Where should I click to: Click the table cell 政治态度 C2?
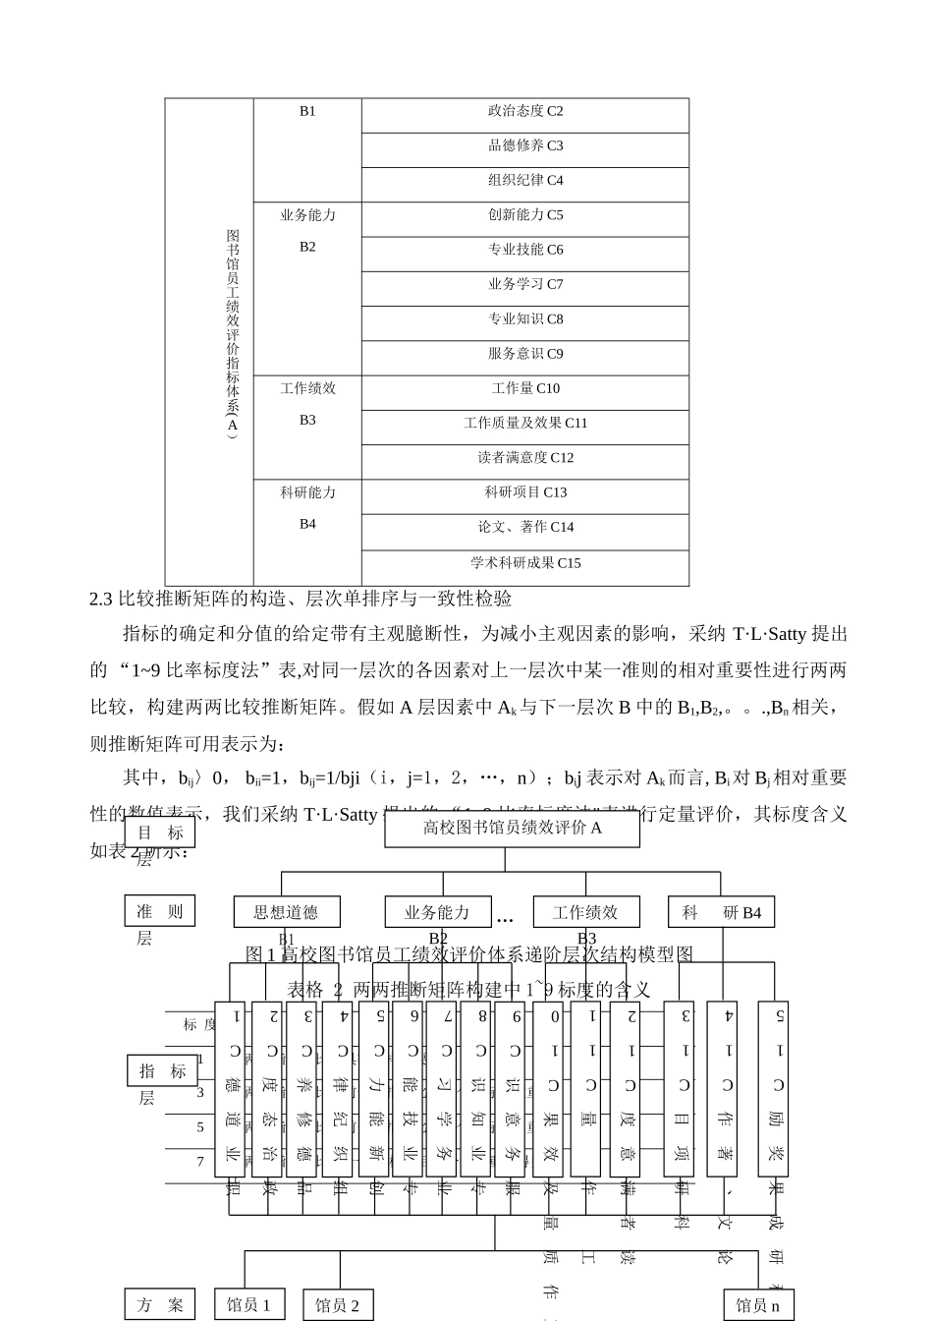coord(525,112)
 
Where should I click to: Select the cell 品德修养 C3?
coord(525,146)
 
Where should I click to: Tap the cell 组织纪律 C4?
coord(525,181)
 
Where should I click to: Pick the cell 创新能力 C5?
coord(525,215)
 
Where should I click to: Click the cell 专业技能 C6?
coord(525,250)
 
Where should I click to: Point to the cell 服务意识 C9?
coord(525,354)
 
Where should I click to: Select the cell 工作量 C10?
coord(525,388)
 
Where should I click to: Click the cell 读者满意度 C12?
coord(525,458)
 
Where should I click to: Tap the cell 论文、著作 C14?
coord(525,528)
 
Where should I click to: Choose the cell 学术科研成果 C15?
coord(525,563)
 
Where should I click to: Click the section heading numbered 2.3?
coord(300,599)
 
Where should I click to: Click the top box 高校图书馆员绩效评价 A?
coord(512,829)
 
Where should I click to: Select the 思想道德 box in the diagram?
coord(286,912)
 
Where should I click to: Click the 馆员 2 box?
coord(337,1305)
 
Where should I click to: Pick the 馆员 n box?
coord(758,1305)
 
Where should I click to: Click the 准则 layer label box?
coord(160,911)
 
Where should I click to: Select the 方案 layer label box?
coord(160,1305)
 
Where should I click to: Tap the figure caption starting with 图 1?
coord(468,954)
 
